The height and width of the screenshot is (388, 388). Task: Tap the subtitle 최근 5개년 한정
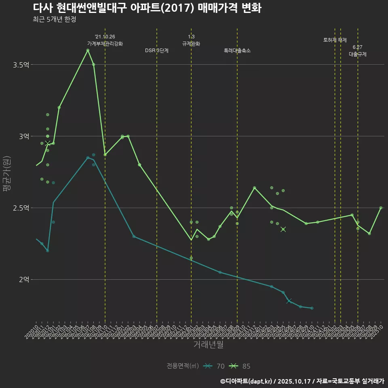(x=54, y=19)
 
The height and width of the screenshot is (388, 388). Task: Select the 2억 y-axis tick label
(x=23, y=280)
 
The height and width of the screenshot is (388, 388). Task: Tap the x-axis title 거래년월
(x=208, y=345)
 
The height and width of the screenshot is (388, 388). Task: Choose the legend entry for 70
(x=214, y=366)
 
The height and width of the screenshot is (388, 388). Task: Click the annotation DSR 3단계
(x=157, y=51)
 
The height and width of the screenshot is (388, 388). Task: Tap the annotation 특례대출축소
(x=237, y=51)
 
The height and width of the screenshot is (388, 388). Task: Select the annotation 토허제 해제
(x=335, y=40)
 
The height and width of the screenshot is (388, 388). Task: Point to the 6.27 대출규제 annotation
(x=358, y=51)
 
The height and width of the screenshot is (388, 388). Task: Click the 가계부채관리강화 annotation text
(x=105, y=40)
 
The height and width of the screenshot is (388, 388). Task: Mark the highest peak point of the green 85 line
(x=88, y=50)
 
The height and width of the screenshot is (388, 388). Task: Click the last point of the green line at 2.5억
(x=381, y=208)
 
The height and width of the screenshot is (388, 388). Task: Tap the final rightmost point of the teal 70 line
(x=312, y=308)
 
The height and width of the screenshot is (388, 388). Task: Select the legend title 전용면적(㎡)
(x=182, y=366)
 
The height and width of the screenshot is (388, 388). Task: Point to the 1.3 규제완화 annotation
(x=191, y=40)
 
